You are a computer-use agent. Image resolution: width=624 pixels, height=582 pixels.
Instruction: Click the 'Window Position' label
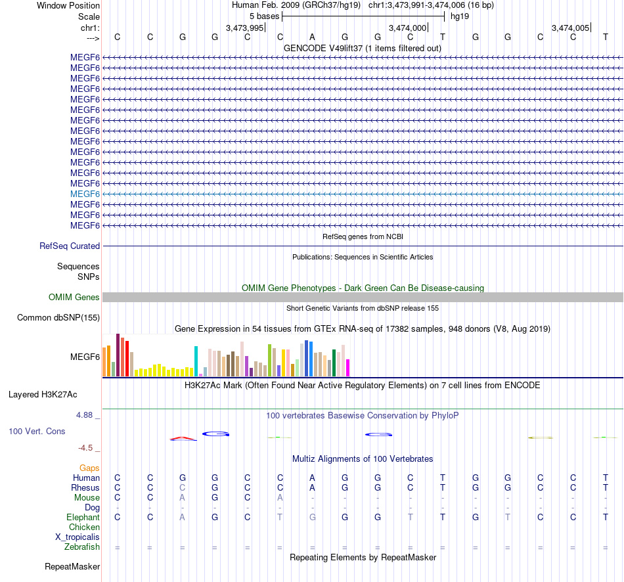click(x=68, y=5)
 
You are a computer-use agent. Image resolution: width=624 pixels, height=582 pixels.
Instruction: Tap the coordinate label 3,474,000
click(x=408, y=28)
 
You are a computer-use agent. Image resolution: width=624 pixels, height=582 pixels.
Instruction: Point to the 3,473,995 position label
click(x=244, y=28)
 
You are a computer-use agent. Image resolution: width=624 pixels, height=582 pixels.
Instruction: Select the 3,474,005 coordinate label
click(x=571, y=28)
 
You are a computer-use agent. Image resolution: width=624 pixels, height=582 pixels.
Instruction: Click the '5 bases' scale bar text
click(x=264, y=16)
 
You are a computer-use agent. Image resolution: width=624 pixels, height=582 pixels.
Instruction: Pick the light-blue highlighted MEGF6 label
click(x=85, y=194)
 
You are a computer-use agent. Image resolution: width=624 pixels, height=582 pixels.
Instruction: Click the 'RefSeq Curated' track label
click(x=70, y=246)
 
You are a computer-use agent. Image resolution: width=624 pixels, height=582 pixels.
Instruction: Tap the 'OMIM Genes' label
click(x=74, y=298)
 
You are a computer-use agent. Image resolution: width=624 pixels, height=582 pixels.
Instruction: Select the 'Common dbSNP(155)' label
click(x=58, y=318)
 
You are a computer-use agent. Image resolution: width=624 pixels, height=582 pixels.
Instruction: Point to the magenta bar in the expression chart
click(x=348, y=368)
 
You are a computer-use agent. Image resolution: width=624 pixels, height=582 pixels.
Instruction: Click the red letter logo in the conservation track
click(x=183, y=439)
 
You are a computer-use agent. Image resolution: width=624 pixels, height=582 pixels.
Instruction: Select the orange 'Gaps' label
click(x=89, y=468)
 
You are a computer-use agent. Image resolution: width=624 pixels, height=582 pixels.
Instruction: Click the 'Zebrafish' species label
click(x=82, y=547)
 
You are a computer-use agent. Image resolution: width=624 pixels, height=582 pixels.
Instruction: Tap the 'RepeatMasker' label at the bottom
click(x=72, y=566)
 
